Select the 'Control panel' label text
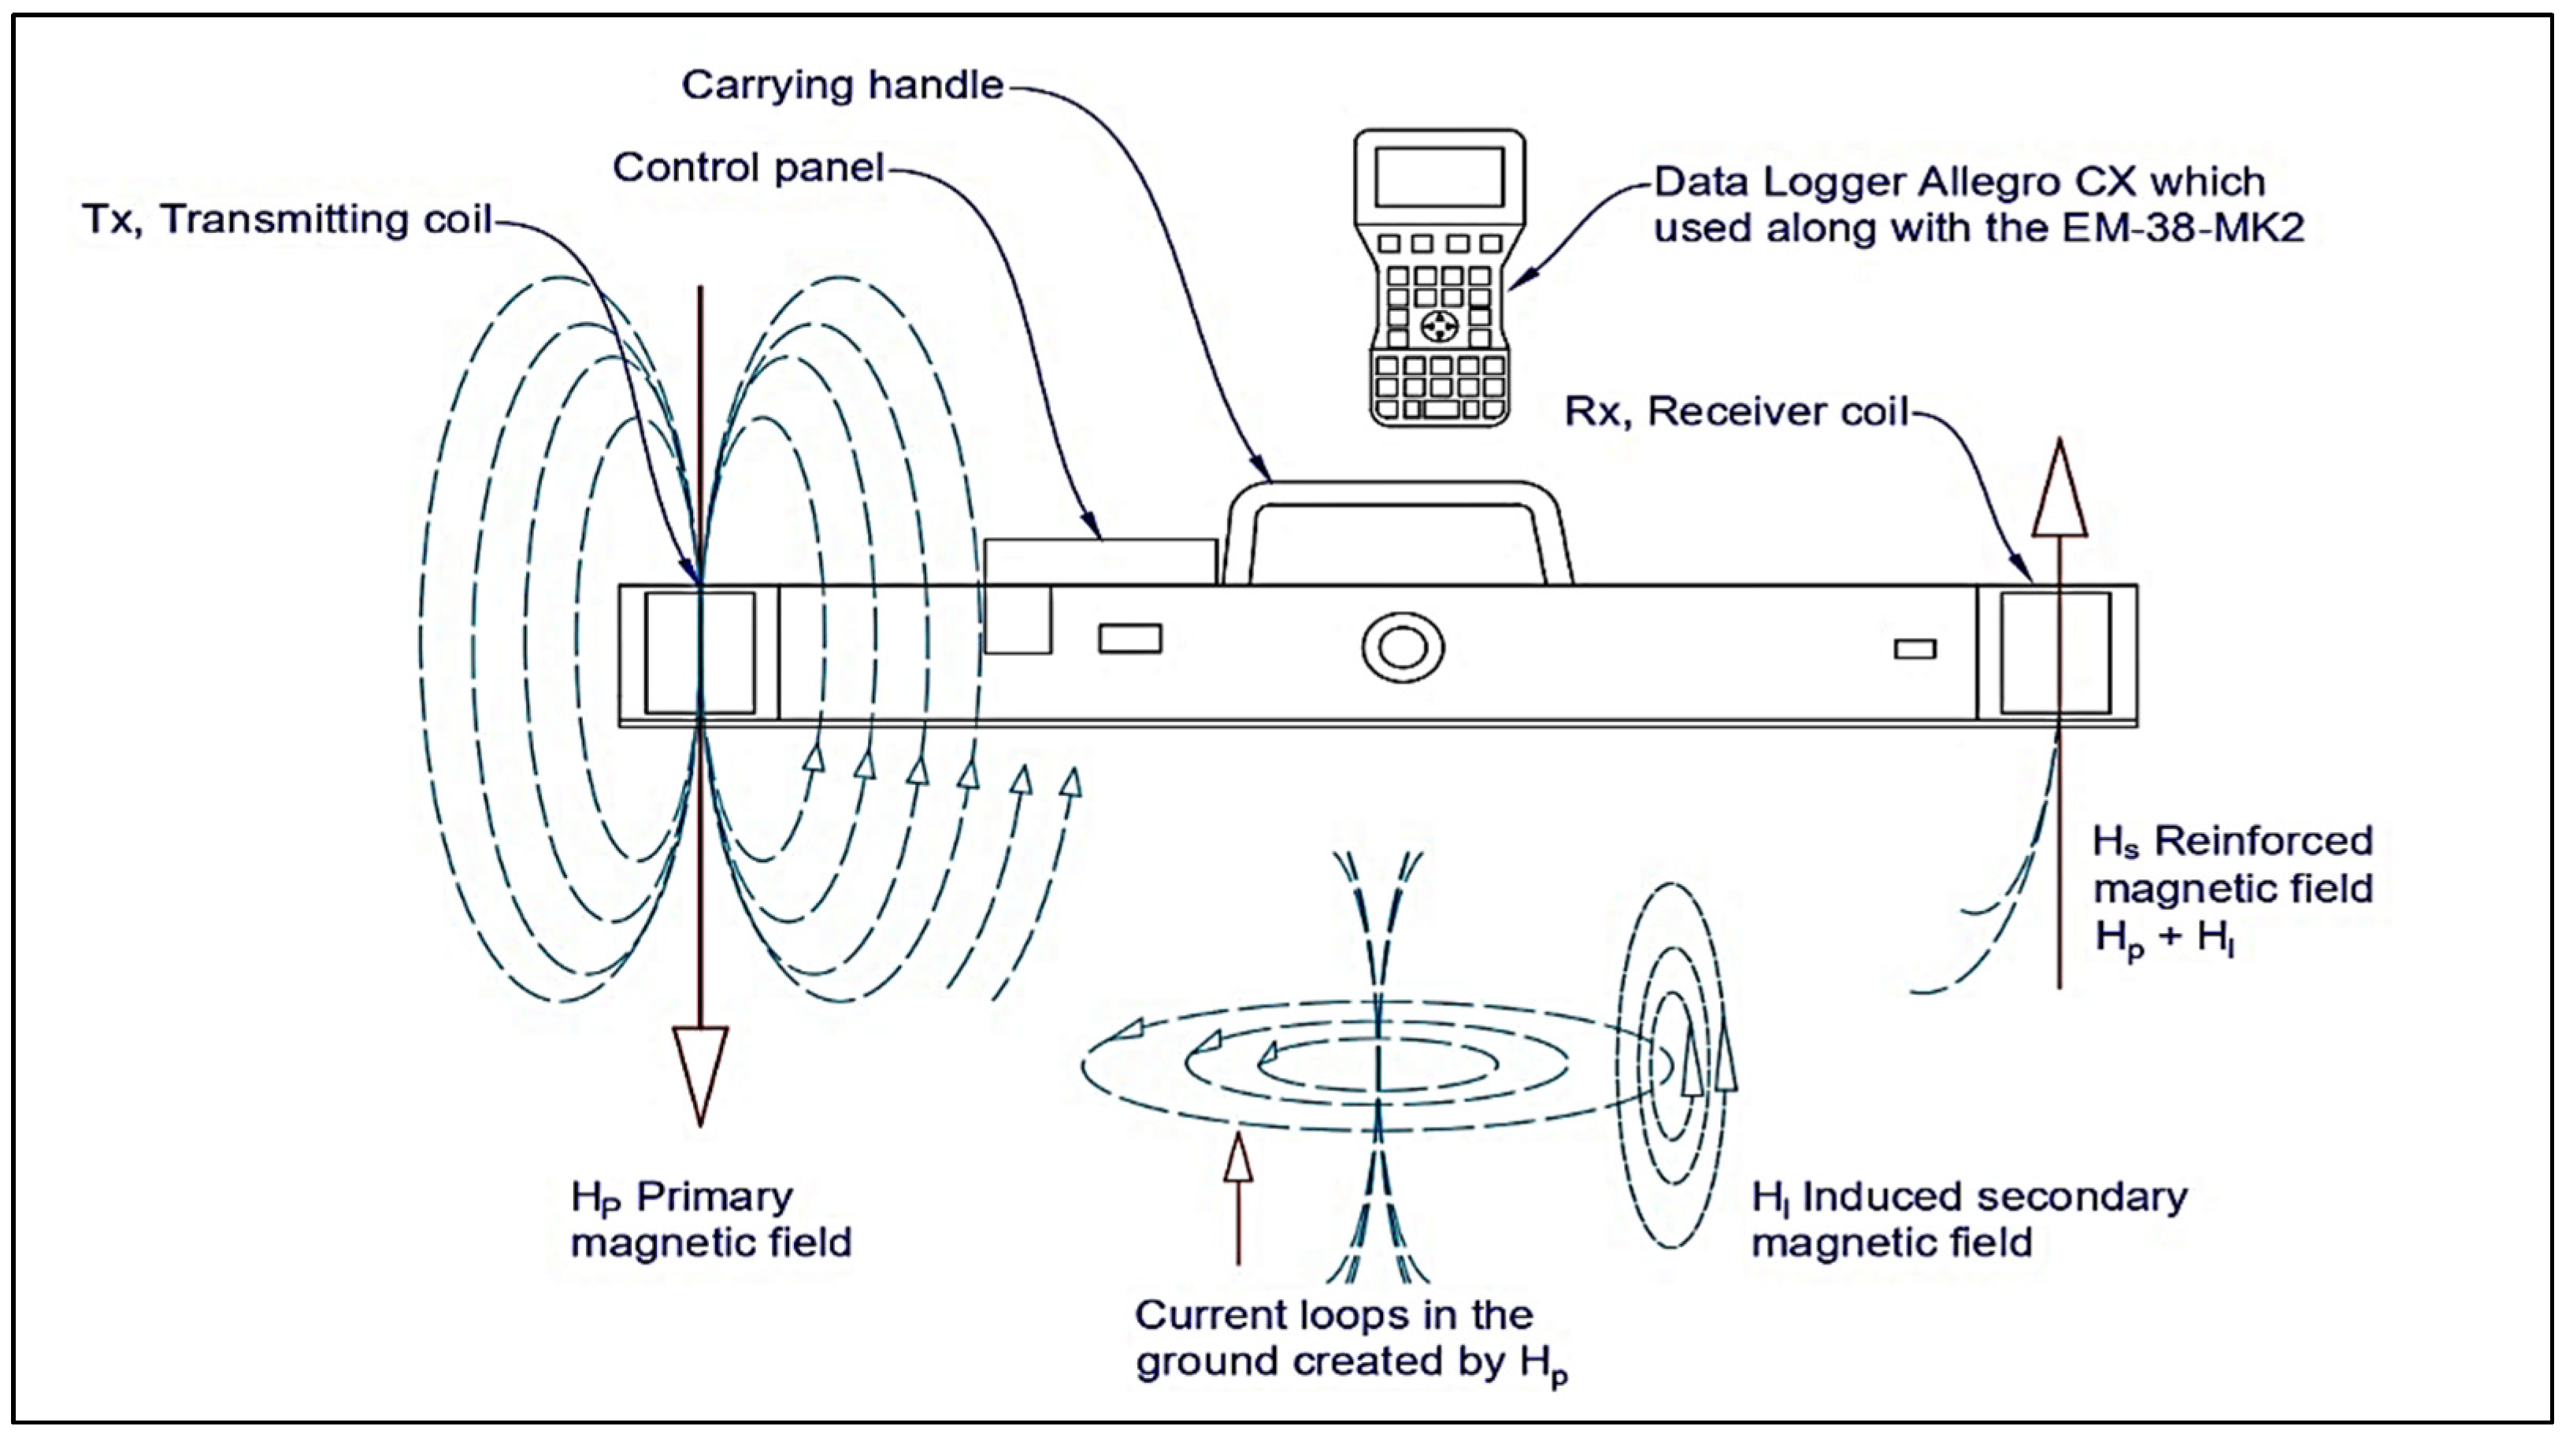point(748,168)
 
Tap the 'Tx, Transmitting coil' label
point(287,220)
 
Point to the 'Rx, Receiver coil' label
point(1736,412)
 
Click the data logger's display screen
point(1438,177)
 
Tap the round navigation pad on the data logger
point(1438,325)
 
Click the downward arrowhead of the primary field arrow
point(700,1070)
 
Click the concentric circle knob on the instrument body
point(1403,648)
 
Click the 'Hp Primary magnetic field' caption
point(710,1219)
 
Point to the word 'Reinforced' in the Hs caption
point(2263,841)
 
